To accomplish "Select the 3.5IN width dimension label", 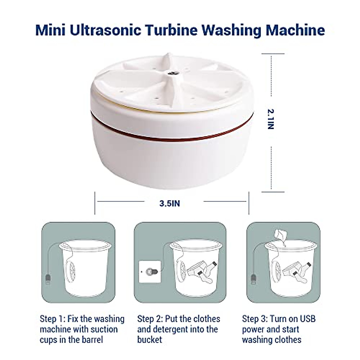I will pyautogui.click(x=169, y=204).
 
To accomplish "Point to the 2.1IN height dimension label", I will pyautogui.click(x=271, y=119).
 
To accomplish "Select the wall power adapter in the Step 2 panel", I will pyautogui.click(x=149, y=272).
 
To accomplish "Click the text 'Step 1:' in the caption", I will pyautogui.click(x=53, y=319).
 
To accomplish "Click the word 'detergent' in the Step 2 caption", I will pyautogui.click(x=175, y=329).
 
